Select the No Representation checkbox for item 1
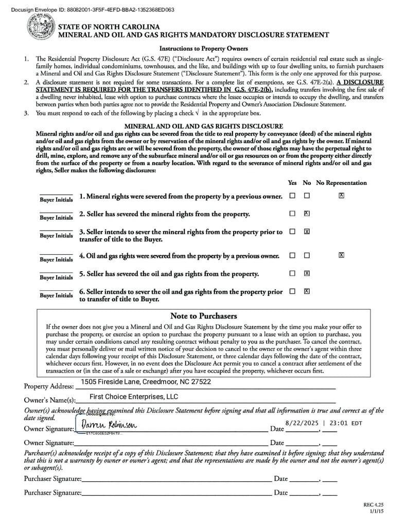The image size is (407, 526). click(x=341, y=196)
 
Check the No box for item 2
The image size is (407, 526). click(x=307, y=213)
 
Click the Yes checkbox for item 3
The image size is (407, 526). click(x=292, y=232)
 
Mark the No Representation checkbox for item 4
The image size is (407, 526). click(x=341, y=255)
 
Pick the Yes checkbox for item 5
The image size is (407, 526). click(x=292, y=273)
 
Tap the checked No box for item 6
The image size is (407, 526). click(x=307, y=291)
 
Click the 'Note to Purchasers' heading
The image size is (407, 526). click(x=203, y=316)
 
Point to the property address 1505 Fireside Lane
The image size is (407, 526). click(x=146, y=382)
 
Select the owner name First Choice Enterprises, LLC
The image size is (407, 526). click(x=134, y=397)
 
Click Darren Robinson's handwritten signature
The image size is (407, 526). click(x=108, y=425)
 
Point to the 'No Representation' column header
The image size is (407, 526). click(x=341, y=183)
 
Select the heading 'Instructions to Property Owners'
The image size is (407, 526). click(x=203, y=49)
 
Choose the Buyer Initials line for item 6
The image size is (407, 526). click(x=56, y=291)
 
